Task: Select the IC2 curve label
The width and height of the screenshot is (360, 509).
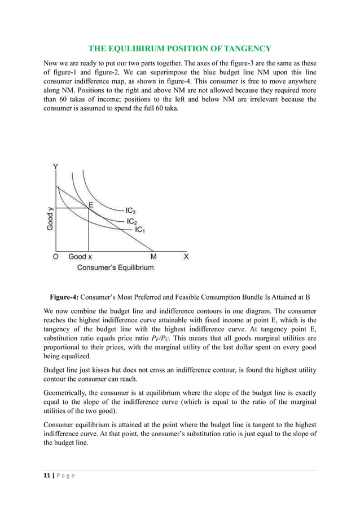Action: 131,221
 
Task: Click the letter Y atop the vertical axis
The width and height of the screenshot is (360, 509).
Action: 55,166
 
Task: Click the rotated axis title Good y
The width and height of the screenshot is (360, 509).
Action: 50,220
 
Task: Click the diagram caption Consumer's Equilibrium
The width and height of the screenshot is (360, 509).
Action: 115,267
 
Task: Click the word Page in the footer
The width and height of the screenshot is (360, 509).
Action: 65,475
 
